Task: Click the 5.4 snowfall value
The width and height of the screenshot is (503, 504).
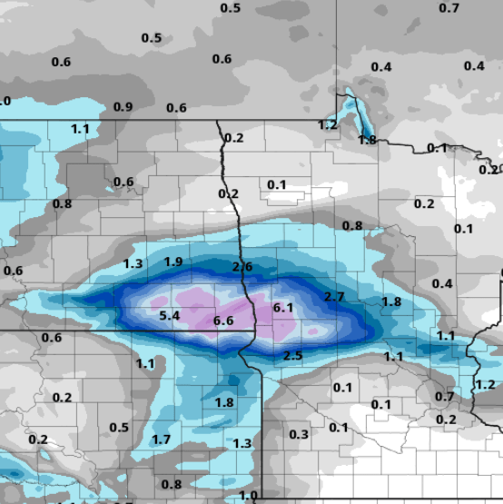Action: pyautogui.click(x=170, y=316)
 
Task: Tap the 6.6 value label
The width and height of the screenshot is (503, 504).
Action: pyautogui.click(x=223, y=321)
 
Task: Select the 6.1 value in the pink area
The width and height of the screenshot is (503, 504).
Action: pyautogui.click(x=283, y=308)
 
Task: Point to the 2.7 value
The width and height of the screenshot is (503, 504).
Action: pyautogui.click(x=334, y=297)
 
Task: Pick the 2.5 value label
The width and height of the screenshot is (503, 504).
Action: pyautogui.click(x=292, y=355)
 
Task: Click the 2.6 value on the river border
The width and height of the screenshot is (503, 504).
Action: pyautogui.click(x=242, y=266)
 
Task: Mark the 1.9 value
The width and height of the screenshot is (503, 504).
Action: pyautogui.click(x=173, y=262)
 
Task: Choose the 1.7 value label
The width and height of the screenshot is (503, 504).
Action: pyautogui.click(x=161, y=440)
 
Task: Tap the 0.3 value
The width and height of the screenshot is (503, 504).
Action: pyautogui.click(x=299, y=434)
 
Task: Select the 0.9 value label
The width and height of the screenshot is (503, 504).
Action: pyautogui.click(x=123, y=107)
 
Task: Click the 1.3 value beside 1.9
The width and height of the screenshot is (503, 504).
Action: pyautogui.click(x=133, y=263)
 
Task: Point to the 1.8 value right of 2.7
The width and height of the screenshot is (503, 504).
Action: pyautogui.click(x=391, y=301)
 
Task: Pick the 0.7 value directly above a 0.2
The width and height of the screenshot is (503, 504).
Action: pyautogui.click(x=444, y=397)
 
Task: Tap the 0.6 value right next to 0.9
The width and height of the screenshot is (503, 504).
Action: pyautogui.click(x=176, y=108)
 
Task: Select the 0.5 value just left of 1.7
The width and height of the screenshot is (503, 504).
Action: pyautogui.click(x=119, y=428)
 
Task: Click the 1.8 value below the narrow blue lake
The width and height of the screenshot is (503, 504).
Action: pyautogui.click(x=367, y=140)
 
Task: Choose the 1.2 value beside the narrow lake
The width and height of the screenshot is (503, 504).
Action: pyautogui.click(x=328, y=124)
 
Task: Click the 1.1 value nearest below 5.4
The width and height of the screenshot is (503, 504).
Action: pyautogui.click(x=145, y=363)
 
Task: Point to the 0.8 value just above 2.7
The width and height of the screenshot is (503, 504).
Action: pyautogui.click(x=352, y=225)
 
